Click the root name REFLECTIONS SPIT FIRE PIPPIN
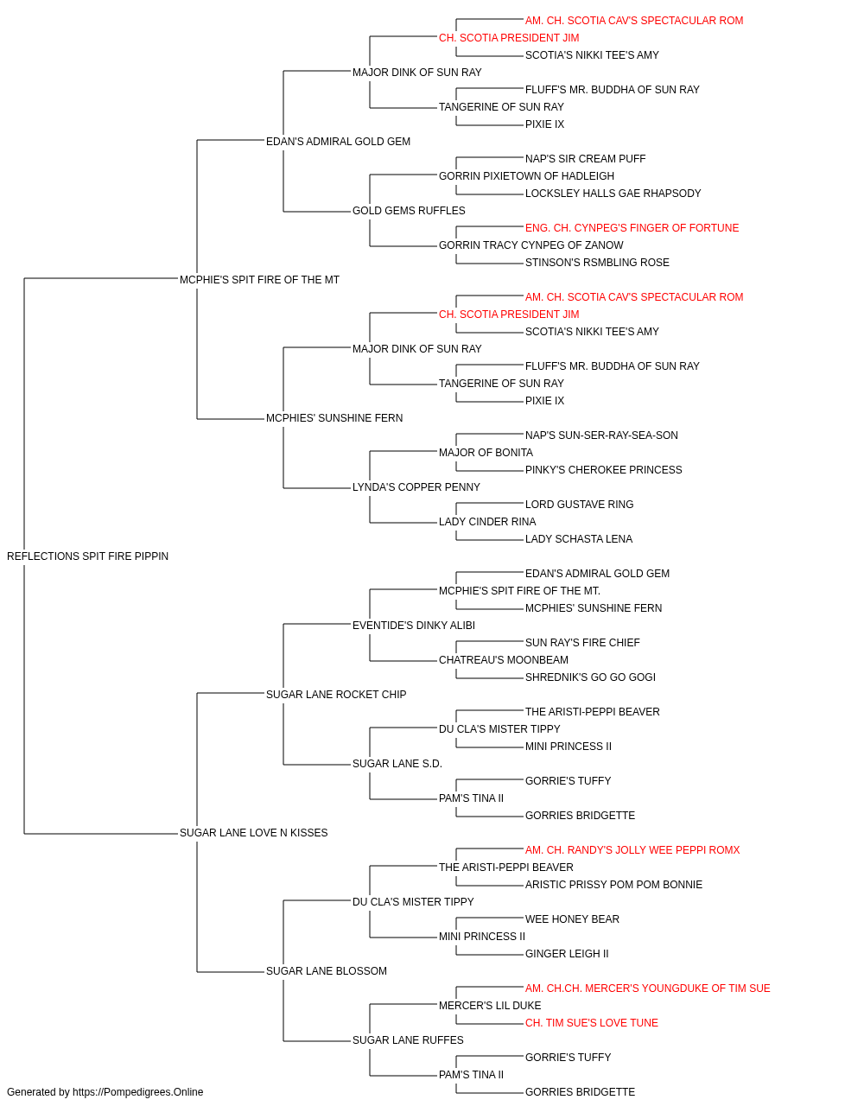87,556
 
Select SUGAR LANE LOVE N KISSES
253,832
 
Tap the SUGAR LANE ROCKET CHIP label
336,694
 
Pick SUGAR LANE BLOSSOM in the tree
327,970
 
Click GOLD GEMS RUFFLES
409,210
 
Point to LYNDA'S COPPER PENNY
416,486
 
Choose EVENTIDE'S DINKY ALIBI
414,625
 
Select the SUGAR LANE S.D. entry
397,764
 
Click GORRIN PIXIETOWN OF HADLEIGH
526,175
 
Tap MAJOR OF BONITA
486,452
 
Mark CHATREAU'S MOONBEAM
503,659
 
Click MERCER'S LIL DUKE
490,1005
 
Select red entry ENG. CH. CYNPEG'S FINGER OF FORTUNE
632,227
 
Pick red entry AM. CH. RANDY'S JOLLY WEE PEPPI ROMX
632,849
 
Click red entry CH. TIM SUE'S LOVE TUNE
591,1022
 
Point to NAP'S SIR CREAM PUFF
585,158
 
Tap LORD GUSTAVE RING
579,504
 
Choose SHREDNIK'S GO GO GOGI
590,677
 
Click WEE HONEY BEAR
572,918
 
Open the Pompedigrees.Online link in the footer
137,1092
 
